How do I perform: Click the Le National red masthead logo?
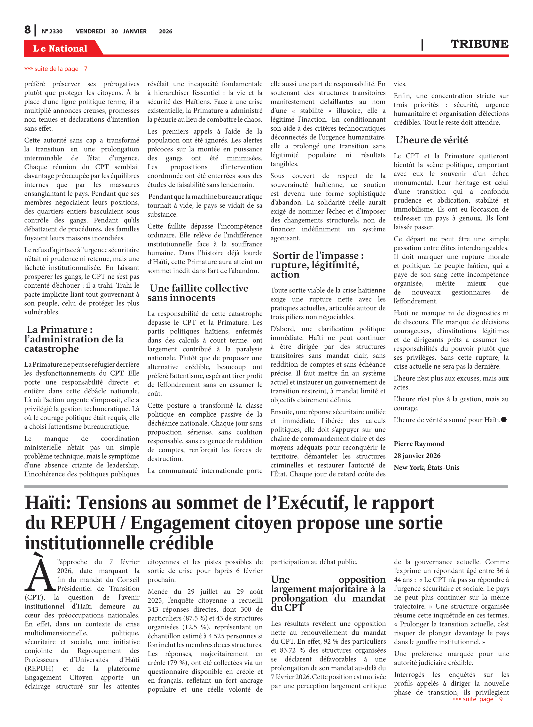(60, 48)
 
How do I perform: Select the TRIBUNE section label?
(479, 44)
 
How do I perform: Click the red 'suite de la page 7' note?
(56, 69)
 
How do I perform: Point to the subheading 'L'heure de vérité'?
(431, 140)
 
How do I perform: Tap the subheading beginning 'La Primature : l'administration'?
(74, 339)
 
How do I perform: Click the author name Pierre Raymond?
(419, 444)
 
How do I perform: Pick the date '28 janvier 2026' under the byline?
(417, 456)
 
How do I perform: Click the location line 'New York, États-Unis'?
(426, 467)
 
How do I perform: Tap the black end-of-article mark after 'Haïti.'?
(504, 420)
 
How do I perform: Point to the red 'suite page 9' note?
(478, 699)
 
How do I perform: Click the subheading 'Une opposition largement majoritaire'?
(328, 593)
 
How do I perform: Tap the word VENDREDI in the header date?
(90, 31)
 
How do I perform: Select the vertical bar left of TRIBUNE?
(422, 45)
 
